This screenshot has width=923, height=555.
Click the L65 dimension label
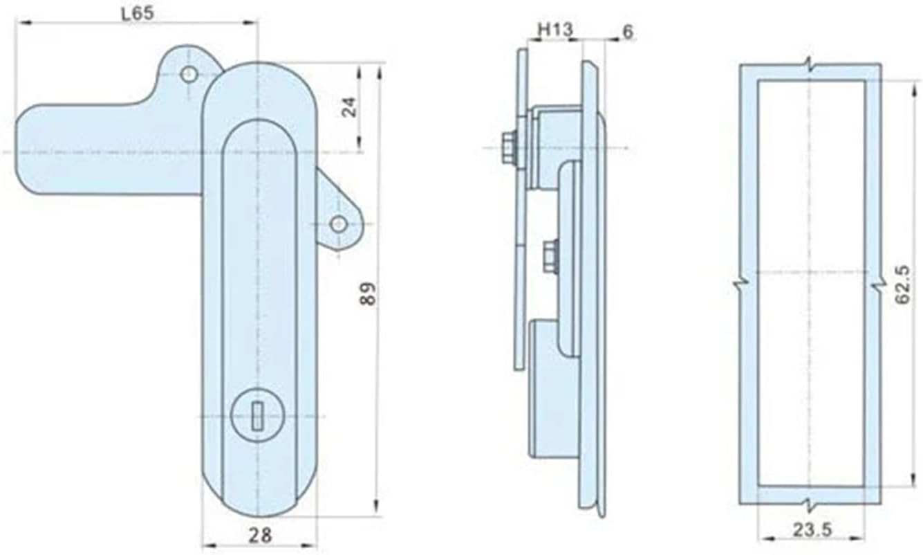coord(137,13)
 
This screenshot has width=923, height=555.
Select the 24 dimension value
coord(350,107)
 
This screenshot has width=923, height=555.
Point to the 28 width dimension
coord(260,534)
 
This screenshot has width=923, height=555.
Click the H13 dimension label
coord(555,30)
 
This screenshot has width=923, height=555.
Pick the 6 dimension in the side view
coord(627,31)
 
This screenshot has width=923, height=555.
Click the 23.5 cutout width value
coord(812,530)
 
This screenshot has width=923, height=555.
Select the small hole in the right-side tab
coord(338,224)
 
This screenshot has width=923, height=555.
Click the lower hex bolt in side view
coord(551,253)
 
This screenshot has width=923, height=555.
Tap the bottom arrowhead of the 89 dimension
coord(377,509)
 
